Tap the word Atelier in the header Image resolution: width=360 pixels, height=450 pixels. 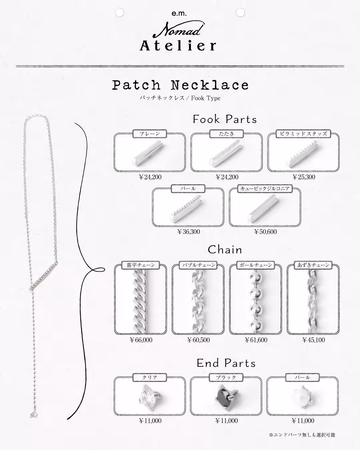click(x=178, y=46)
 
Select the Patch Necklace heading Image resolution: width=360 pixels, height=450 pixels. click(x=180, y=85)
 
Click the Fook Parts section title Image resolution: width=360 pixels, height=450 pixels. click(x=225, y=119)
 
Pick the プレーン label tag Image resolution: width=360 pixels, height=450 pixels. click(x=150, y=134)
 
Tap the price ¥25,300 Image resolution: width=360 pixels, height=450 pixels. click(x=304, y=177)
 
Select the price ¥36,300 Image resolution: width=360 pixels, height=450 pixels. click(x=188, y=232)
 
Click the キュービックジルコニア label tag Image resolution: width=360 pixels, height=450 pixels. click(x=265, y=189)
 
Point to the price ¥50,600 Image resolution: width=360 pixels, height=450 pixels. click(x=265, y=232)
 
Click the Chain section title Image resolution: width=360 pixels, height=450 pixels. click(x=225, y=250)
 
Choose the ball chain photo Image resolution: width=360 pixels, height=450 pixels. click(x=256, y=301)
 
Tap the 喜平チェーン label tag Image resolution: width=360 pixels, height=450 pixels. click(x=141, y=265)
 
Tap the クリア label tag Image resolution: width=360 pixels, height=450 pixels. click(x=150, y=377)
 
